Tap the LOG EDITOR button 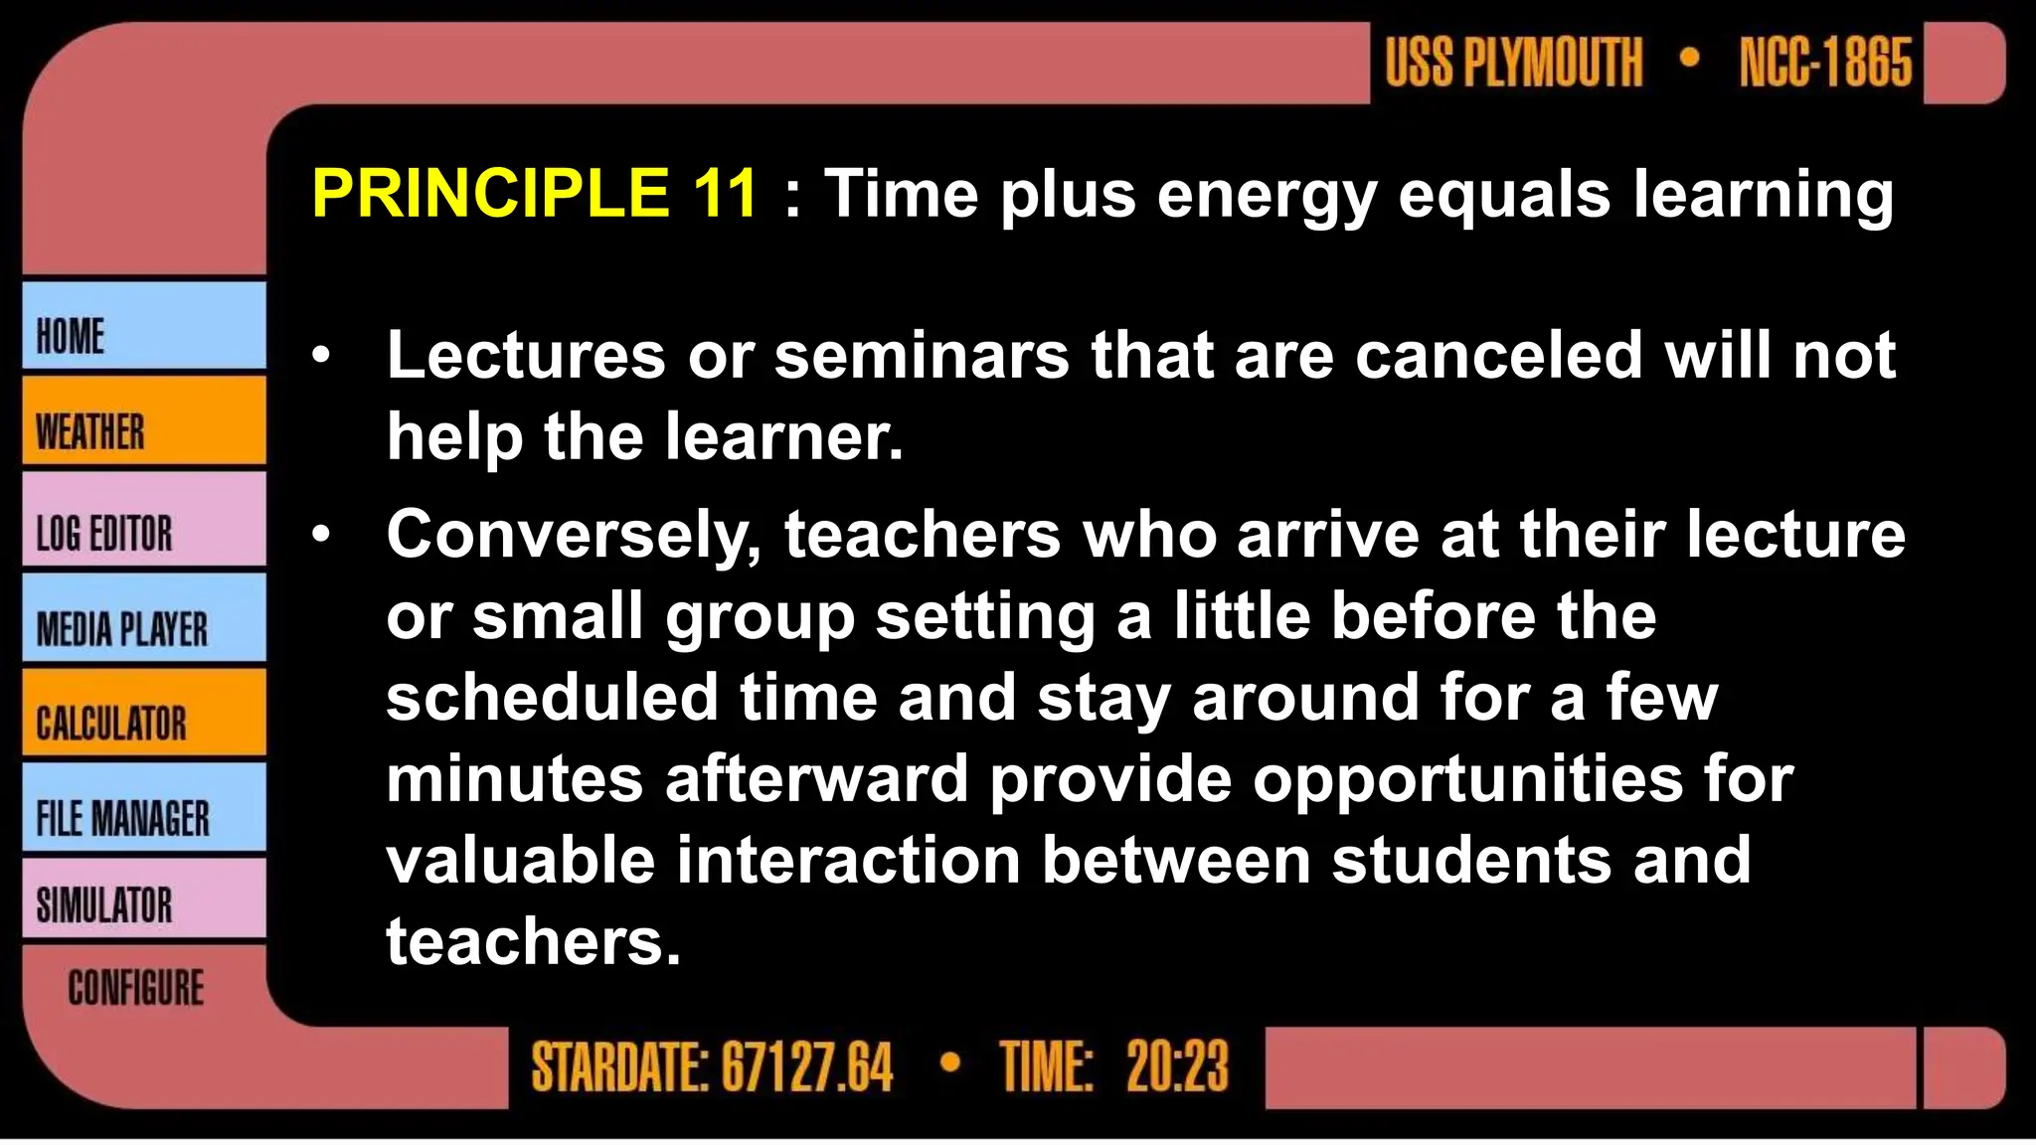click(144, 520)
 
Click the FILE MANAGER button click(144, 808)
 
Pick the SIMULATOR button click(144, 900)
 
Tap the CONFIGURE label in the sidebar click(136, 988)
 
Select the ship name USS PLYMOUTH click(1513, 63)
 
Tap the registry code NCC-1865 click(1825, 63)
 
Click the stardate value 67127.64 click(807, 1067)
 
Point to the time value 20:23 click(1177, 1067)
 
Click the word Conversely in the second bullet click(573, 537)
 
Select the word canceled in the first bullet click(1498, 356)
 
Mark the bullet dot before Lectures click(320, 356)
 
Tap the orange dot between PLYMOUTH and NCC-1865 click(1689, 57)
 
